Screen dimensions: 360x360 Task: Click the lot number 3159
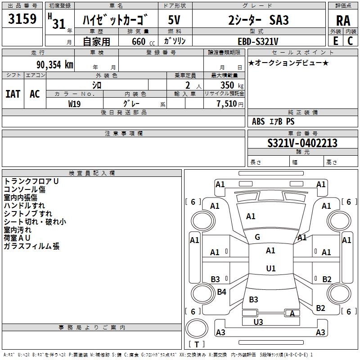point(22,19)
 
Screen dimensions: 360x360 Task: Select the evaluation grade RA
point(343,21)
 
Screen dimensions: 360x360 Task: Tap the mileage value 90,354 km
point(54,65)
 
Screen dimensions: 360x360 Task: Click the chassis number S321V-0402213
point(302,143)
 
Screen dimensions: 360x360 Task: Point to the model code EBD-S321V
point(258,41)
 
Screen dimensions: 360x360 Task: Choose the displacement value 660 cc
point(143,42)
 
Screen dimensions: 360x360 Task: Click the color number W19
point(74,104)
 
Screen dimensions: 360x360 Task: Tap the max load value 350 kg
point(232,85)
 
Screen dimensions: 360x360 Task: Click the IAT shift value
point(13,94)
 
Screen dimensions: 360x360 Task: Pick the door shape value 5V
point(174,20)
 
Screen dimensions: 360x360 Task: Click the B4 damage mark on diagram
point(221,292)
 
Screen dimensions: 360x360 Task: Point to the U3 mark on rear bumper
point(258,322)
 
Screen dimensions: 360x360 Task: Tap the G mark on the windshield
point(257,237)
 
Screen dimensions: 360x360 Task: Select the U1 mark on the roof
point(271,268)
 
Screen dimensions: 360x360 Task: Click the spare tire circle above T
point(197,328)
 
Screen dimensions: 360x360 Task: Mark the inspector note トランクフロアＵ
point(31,181)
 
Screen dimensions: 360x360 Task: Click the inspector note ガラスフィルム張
point(31,246)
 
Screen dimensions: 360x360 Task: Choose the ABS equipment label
point(258,121)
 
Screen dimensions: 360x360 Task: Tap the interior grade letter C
point(350,41)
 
